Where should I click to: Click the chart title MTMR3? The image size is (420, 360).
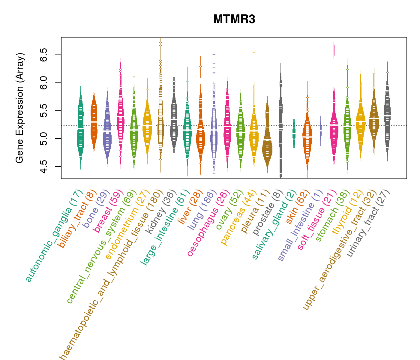[x=234, y=19]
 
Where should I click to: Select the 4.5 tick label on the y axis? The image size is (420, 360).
[x=44, y=166]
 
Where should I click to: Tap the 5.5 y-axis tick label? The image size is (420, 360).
[x=44, y=111]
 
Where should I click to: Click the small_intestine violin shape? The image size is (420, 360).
[x=321, y=131]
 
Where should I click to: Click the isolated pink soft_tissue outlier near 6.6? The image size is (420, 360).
[x=334, y=50]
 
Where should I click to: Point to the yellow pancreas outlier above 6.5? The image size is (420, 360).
[x=254, y=52]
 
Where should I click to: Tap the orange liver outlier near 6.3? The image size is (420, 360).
[x=200, y=66]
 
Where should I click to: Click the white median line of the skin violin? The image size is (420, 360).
[x=307, y=137]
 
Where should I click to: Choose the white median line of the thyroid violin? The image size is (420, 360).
[x=361, y=121]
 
